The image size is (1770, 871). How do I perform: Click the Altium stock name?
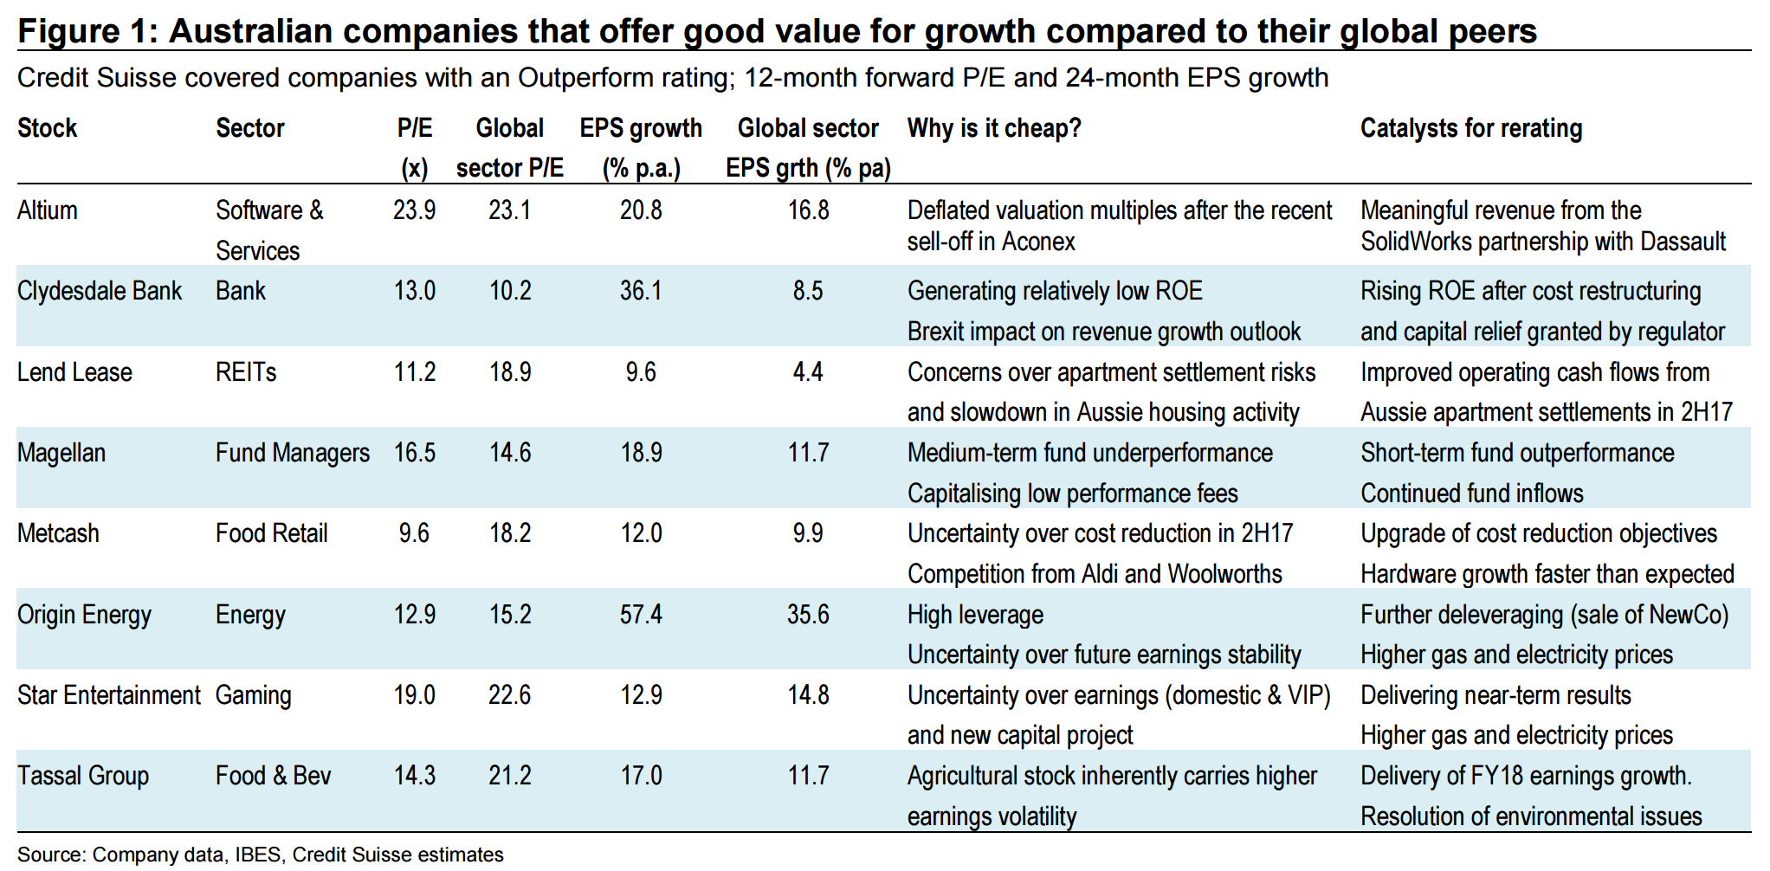(x=48, y=210)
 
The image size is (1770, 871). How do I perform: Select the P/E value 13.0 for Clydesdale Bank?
(x=415, y=291)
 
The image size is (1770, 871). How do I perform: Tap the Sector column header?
(x=250, y=128)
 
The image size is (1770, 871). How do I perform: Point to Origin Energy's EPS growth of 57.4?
(x=641, y=615)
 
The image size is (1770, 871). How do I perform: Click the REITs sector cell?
(x=246, y=372)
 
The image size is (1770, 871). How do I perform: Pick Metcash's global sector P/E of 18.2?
(x=510, y=533)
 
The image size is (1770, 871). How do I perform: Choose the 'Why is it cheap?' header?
(x=994, y=128)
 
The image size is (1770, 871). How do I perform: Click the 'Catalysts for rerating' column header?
(x=1471, y=128)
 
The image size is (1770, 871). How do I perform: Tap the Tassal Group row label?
(x=83, y=776)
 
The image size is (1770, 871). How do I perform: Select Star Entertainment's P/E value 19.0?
(x=415, y=695)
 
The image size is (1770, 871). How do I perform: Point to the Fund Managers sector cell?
(x=293, y=453)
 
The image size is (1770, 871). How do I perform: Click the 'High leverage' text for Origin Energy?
(x=975, y=615)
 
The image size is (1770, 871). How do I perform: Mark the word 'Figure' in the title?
(x=68, y=31)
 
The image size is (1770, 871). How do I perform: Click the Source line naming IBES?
(x=260, y=855)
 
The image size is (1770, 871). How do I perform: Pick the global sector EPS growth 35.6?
(x=808, y=615)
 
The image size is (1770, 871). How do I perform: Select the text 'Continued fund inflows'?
(x=1472, y=494)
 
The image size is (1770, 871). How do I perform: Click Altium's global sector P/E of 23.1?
(x=510, y=210)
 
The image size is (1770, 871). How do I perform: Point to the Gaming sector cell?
(x=254, y=695)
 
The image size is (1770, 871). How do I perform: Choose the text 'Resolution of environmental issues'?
(x=1531, y=816)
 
